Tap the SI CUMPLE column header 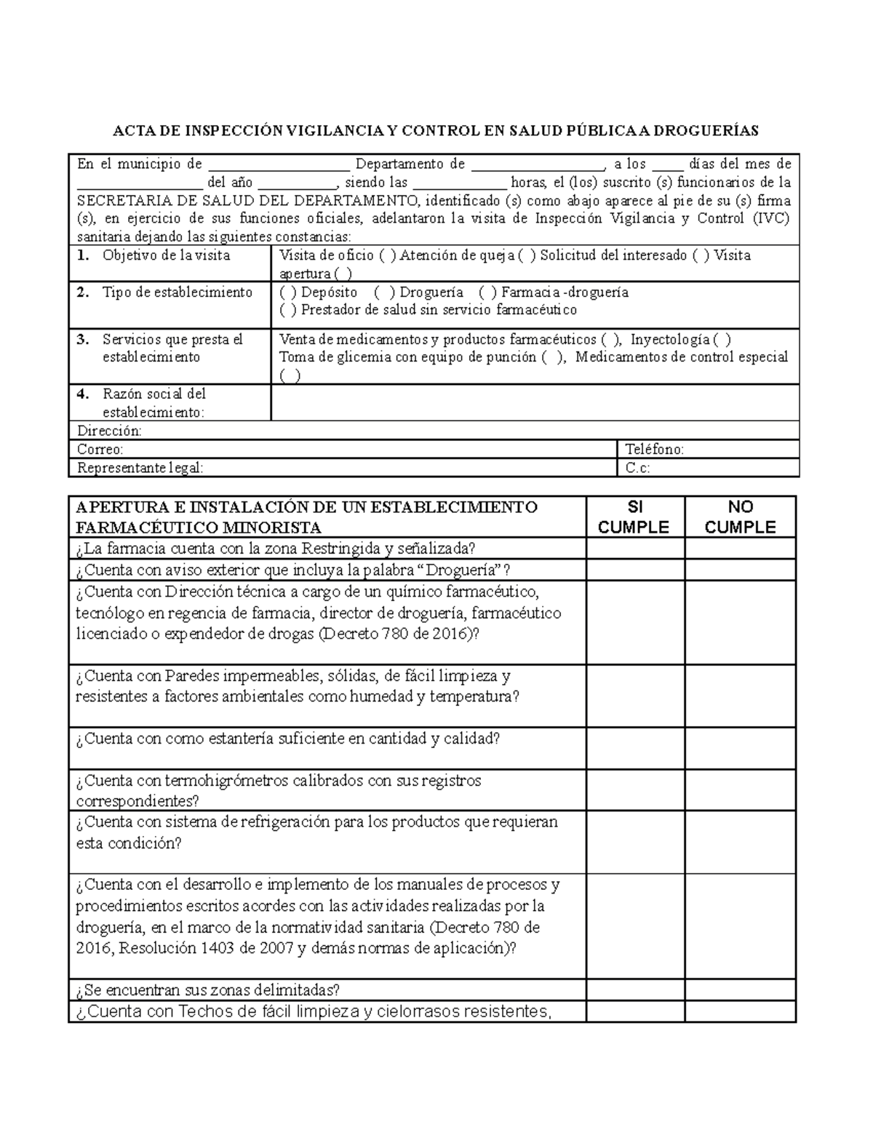[x=634, y=517]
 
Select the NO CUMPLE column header [x=740, y=517]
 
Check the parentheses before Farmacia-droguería [x=489, y=293]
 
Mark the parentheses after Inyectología [x=722, y=340]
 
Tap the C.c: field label [x=638, y=468]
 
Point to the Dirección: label [x=109, y=431]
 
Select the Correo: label [x=100, y=450]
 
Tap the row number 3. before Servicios [x=83, y=340]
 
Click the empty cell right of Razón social [x=535, y=403]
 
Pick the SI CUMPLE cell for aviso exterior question [x=635, y=570]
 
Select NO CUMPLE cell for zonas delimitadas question [x=740, y=990]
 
